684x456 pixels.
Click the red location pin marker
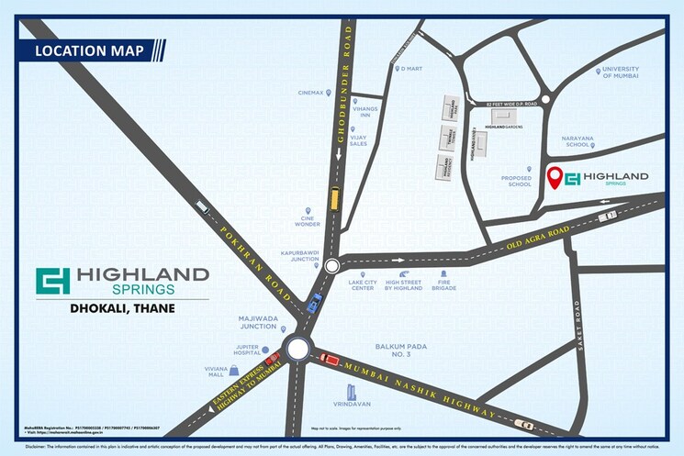(x=554, y=177)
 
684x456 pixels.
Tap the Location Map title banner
(x=89, y=50)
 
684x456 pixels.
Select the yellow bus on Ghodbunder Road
(x=335, y=198)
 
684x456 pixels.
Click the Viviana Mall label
(x=215, y=372)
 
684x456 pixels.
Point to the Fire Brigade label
(x=443, y=288)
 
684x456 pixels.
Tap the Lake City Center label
(x=364, y=288)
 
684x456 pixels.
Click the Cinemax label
(x=311, y=93)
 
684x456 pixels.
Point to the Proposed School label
(x=516, y=182)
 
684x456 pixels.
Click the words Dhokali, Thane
(x=122, y=308)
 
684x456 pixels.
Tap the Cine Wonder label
(x=308, y=220)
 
